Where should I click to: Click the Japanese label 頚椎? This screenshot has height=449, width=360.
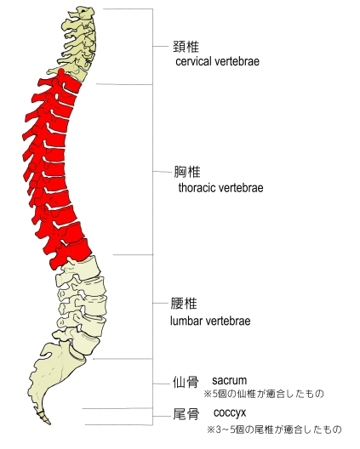[x=186, y=47]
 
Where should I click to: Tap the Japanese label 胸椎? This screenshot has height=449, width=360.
[x=187, y=172]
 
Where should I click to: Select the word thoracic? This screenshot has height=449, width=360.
[x=197, y=188]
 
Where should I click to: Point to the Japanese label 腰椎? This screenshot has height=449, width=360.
[x=184, y=304]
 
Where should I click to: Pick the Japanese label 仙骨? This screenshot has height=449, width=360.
[x=186, y=382]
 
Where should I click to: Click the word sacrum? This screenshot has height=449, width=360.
[x=229, y=381]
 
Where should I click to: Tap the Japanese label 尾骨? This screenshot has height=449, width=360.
[x=186, y=414]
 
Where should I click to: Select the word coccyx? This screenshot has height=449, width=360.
[x=230, y=413]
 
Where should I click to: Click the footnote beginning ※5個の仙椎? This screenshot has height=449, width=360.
[x=264, y=394]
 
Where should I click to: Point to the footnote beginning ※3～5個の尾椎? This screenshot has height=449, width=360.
[x=274, y=429]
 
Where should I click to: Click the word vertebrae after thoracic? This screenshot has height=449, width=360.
[x=241, y=188]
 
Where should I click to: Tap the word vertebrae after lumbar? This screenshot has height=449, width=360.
[x=227, y=321]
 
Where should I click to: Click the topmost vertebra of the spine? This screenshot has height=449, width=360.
[x=82, y=13]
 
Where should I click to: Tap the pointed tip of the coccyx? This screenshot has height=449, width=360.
[x=49, y=423]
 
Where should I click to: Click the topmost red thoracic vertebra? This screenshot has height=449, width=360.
[x=65, y=83]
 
